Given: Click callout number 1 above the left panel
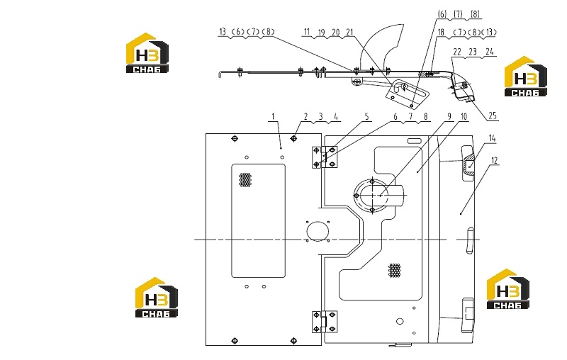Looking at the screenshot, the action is tap(273, 116).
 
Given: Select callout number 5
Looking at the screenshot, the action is tap(366, 116).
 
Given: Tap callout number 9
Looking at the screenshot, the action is tap(449, 116).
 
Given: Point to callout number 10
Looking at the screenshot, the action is tap(464, 116).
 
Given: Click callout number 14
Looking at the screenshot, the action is tap(492, 138).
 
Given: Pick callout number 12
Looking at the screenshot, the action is tap(494, 160).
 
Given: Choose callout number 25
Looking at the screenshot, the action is tap(493, 116).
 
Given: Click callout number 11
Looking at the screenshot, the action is tap(307, 32).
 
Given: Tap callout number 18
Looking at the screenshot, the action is tap(441, 32).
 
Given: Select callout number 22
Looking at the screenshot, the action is tap(457, 52).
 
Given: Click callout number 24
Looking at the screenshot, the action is tap(489, 52).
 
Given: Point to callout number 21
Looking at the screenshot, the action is tap(349, 32).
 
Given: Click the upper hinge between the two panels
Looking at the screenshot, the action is tap(325, 157).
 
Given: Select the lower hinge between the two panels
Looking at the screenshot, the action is tap(325, 322).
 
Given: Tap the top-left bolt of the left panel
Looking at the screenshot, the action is tap(235, 138).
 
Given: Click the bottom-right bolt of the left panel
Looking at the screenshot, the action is tap(293, 340).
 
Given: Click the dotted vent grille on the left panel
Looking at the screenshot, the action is tap(245, 179).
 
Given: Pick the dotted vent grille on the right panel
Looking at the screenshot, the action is tap(395, 271).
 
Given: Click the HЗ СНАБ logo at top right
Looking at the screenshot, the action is tap(526, 77).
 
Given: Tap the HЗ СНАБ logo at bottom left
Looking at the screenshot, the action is tap(157, 298).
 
